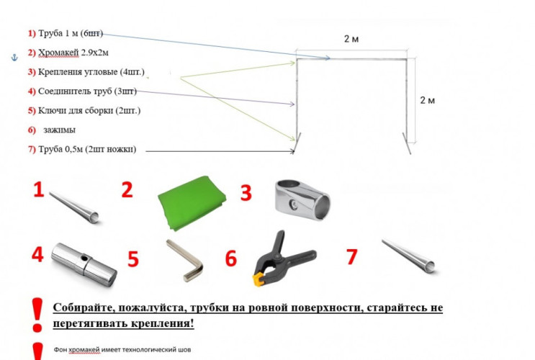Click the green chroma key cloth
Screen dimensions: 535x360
(x=192, y=203)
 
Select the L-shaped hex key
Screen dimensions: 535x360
(x=184, y=261)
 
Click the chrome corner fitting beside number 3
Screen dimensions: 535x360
(x=302, y=200)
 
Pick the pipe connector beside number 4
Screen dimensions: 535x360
(x=84, y=264)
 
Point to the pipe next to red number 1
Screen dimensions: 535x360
(x=74, y=207)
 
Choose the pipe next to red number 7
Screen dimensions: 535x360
(x=408, y=256)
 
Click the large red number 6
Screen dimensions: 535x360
(x=230, y=258)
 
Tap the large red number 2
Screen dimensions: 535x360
(x=127, y=190)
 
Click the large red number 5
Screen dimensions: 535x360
(x=133, y=259)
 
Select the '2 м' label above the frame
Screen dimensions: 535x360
(x=351, y=39)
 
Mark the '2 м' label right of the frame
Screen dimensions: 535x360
(x=427, y=100)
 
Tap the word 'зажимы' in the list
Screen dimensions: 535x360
(x=59, y=130)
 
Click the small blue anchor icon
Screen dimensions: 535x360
(x=14, y=58)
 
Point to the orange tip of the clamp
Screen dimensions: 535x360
(x=258, y=280)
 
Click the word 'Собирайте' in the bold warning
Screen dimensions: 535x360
(x=83, y=307)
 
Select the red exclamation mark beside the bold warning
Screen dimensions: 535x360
(x=37, y=315)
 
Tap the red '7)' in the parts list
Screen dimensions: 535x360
(x=32, y=150)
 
